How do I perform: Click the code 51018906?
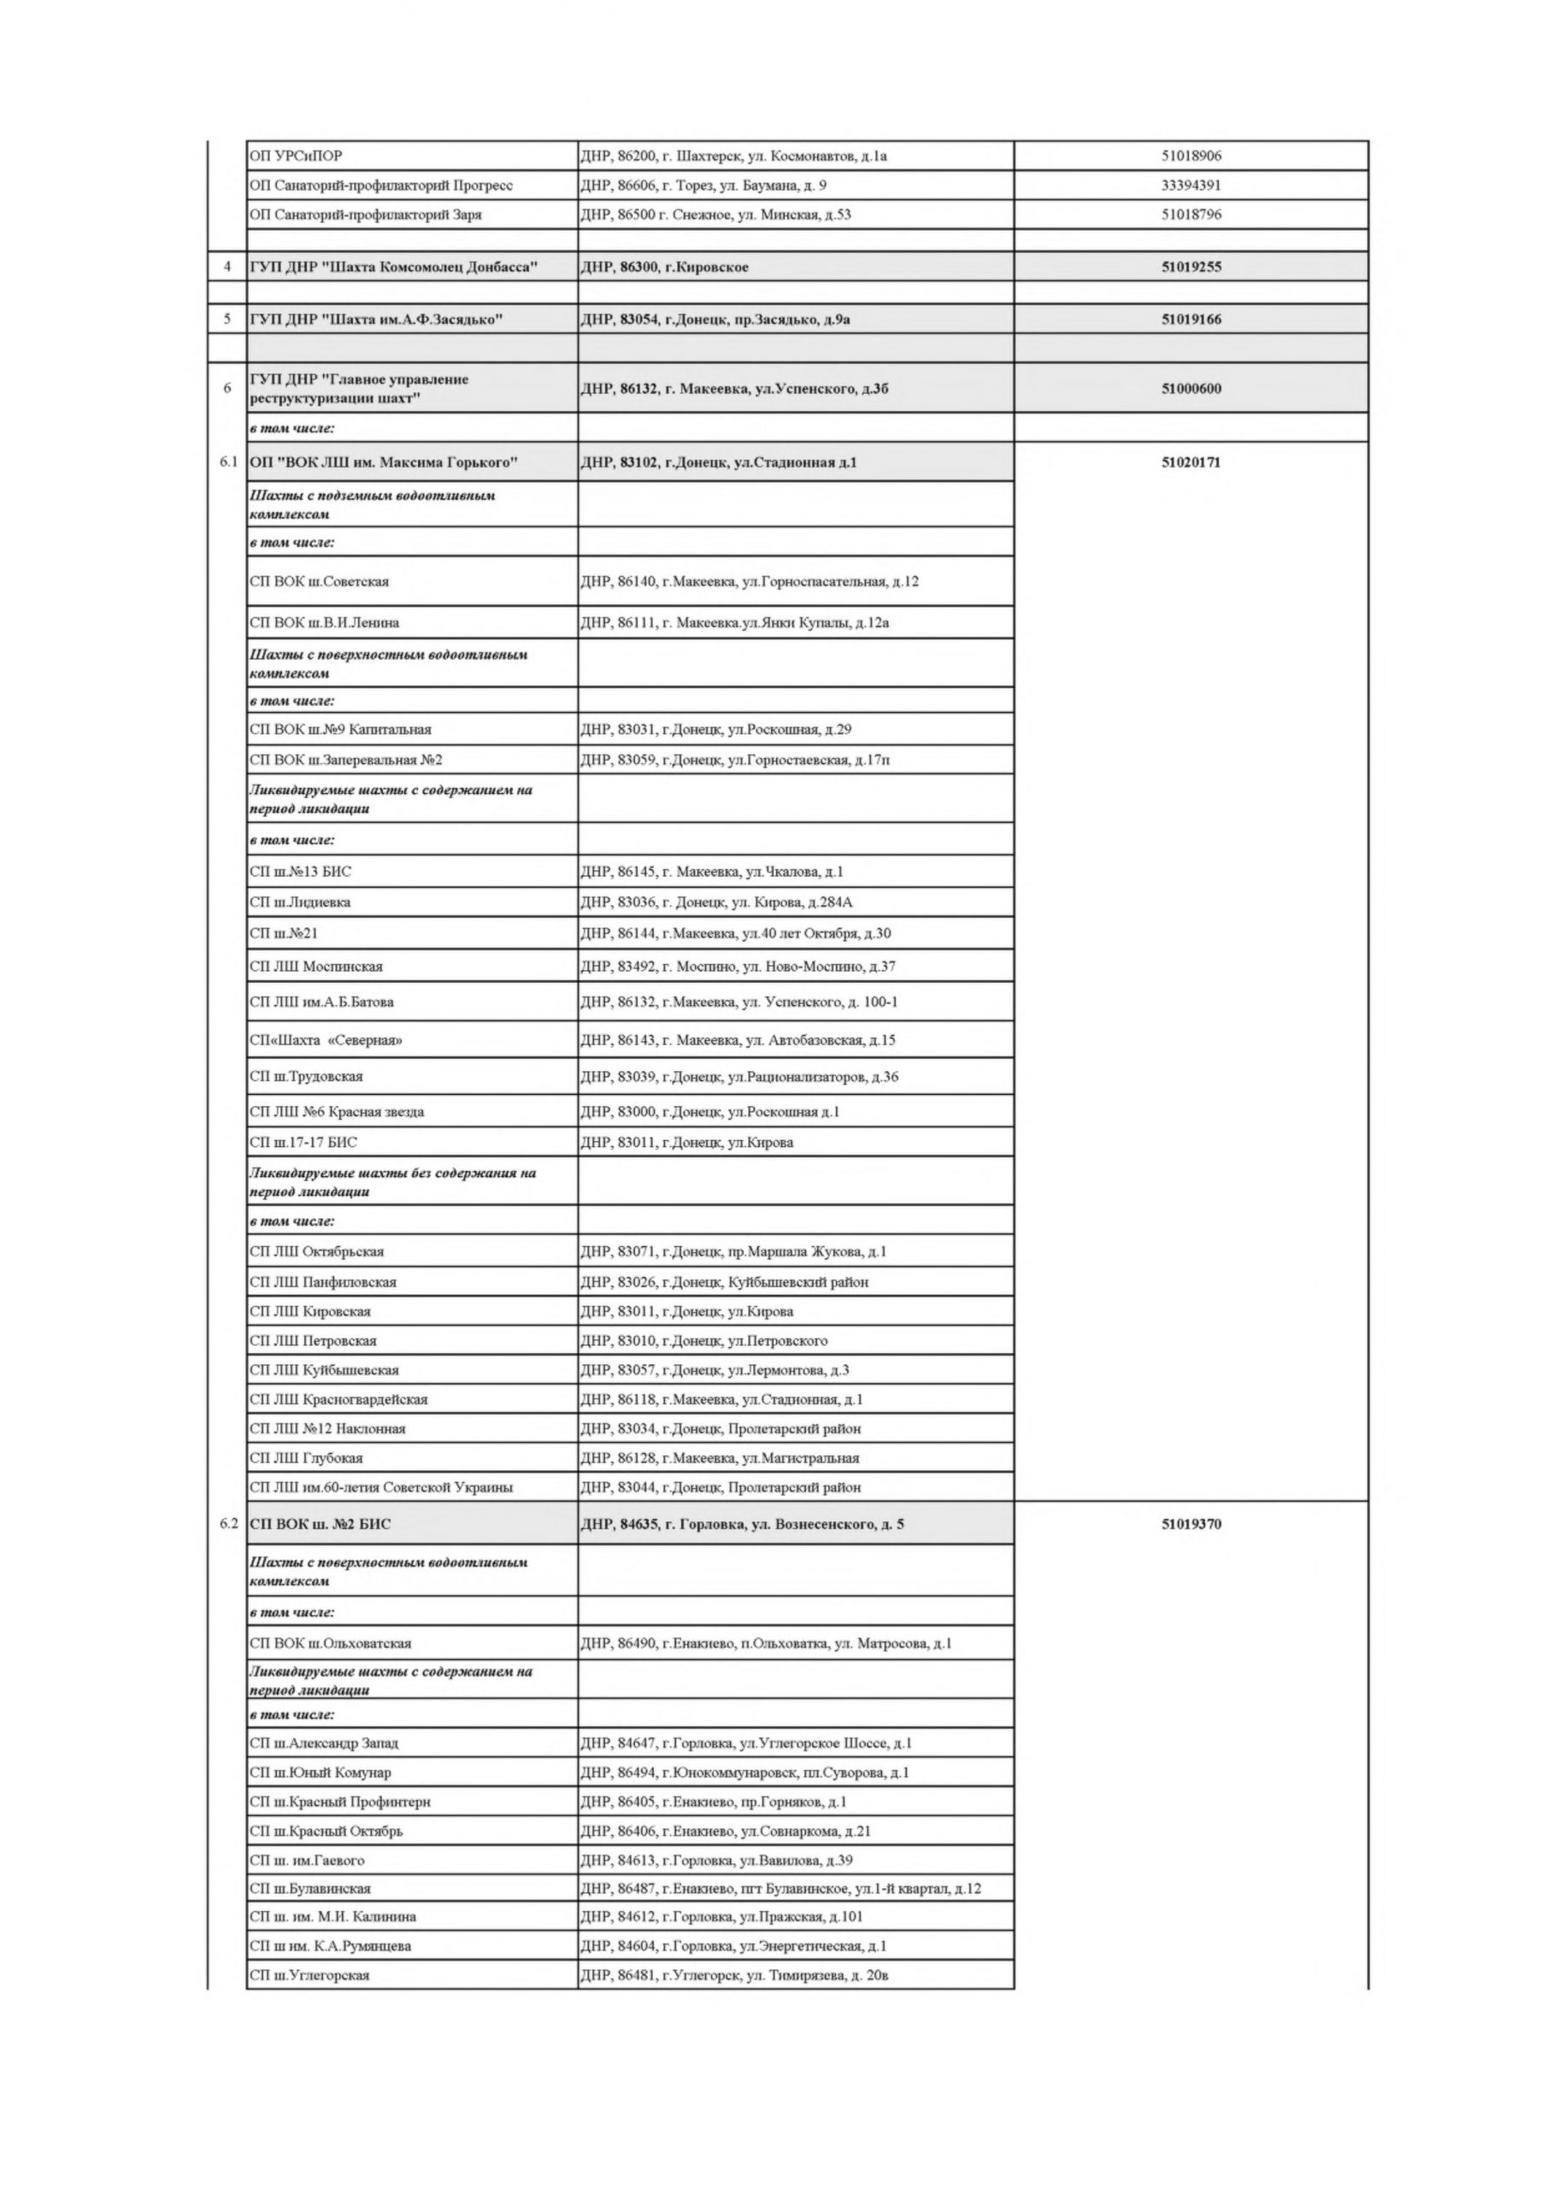(1191, 156)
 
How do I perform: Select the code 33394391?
(1191, 185)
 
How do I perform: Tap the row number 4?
(226, 267)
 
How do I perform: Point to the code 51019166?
(1191, 320)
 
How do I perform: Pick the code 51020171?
(1191, 463)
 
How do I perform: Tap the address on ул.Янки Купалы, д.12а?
(734, 623)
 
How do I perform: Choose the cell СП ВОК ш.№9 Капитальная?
(340, 730)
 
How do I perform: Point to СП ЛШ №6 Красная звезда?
(337, 1112)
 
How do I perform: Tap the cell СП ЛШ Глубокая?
(306, 1458)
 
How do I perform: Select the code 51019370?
(1191, 1524)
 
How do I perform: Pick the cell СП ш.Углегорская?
(309, 1975)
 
